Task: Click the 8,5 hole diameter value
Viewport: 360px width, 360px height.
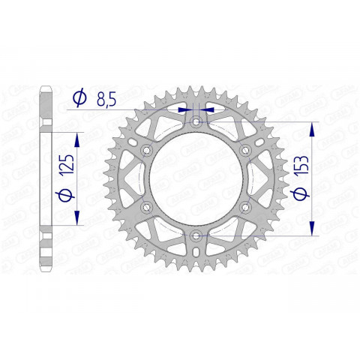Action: point(106,98)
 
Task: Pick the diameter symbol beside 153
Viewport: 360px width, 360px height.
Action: point(300,193)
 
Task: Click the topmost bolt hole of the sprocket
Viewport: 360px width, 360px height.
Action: point(196,121)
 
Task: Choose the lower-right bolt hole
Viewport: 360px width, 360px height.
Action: point(246,208)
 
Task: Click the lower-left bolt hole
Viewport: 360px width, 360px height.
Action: point(147,208)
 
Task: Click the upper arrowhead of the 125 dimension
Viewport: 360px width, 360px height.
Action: point(76,139)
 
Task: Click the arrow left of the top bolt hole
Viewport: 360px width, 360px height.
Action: point(184,109)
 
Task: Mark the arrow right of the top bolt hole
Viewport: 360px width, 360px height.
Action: point(209,109)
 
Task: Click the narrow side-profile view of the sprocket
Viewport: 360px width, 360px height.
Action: point(45,179)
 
